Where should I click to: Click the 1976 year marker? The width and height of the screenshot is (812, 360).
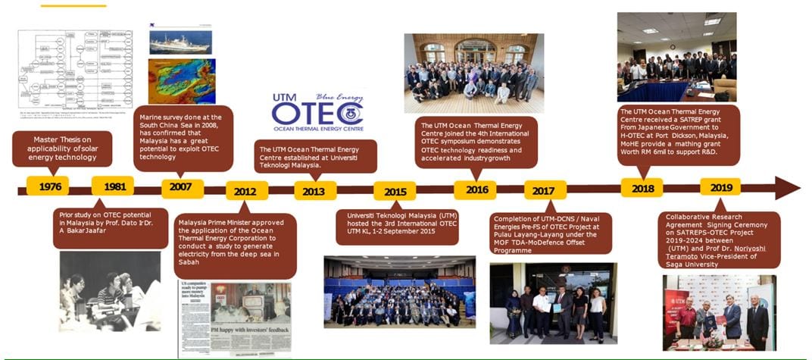point(48,186)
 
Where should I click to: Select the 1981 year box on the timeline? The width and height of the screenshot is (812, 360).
point(112,186)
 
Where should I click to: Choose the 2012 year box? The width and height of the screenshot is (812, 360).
point(246,191)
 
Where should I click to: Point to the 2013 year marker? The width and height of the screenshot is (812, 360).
point(315,190)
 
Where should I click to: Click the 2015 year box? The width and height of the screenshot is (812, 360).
point(395,191)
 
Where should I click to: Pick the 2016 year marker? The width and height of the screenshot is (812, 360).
point(475,189)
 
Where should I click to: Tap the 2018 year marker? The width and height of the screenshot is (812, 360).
point(642,188)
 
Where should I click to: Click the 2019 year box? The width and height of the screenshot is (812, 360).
point(720,187)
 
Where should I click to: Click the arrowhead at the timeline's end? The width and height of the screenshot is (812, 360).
point(786,188)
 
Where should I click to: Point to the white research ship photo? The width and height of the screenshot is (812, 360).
point(180,41)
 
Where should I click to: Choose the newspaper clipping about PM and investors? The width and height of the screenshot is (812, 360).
point(235,319)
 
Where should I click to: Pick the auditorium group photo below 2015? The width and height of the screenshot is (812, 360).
point(399,292)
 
